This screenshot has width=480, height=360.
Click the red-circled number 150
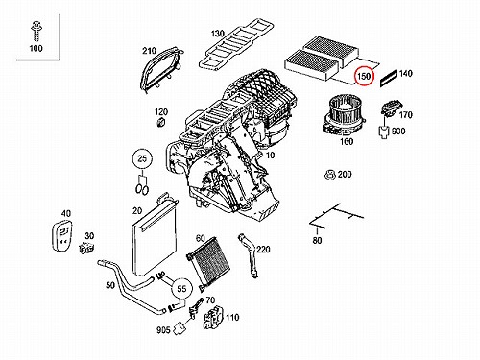tap(364, 76)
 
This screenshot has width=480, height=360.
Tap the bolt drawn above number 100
tap(36, 31)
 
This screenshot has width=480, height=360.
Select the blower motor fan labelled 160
tap(344, 116)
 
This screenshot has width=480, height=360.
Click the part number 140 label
tap(405, 74)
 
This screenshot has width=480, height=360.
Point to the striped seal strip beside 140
tap(389, 79)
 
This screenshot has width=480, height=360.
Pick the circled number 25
tap(142, 158)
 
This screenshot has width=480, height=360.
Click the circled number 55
tap(181, 289)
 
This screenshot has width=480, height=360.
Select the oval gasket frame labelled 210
tap(160, 69)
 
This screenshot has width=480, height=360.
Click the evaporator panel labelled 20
tap(154, 237)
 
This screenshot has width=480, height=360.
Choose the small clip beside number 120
tap(160, 122)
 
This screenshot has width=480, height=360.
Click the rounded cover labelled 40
tap(61, 236)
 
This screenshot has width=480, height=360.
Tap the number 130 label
tap(217, 34)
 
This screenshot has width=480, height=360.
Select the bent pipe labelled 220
tap(249, 255)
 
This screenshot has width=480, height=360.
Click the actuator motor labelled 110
tap(213, 318)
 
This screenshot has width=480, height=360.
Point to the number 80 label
tap(317, 240)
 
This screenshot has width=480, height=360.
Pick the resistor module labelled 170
tap(390, 109)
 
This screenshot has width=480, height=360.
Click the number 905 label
tap(163, 329)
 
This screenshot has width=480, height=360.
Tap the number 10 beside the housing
tap(271, 156)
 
